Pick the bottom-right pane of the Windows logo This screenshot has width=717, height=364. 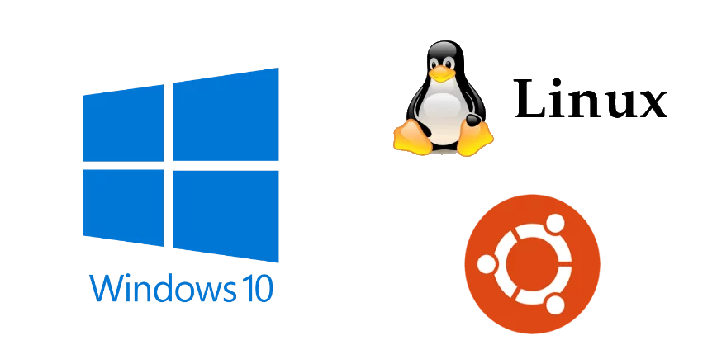pyautogui.click(x=226, y=213)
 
